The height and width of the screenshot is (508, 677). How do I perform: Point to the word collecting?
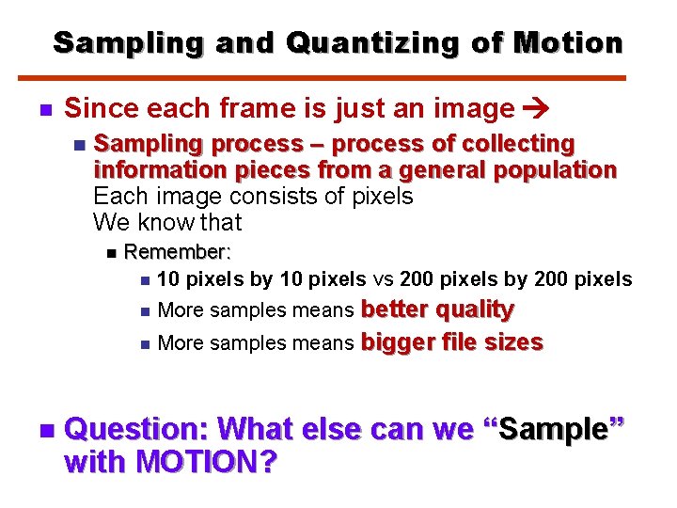527,144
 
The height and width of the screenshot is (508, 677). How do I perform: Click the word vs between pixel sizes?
383,279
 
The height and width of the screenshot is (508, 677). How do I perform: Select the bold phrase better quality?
437,310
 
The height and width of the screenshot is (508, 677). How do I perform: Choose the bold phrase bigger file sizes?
452,342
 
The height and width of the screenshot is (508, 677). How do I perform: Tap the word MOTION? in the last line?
206,463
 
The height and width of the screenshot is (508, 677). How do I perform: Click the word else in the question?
328,429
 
